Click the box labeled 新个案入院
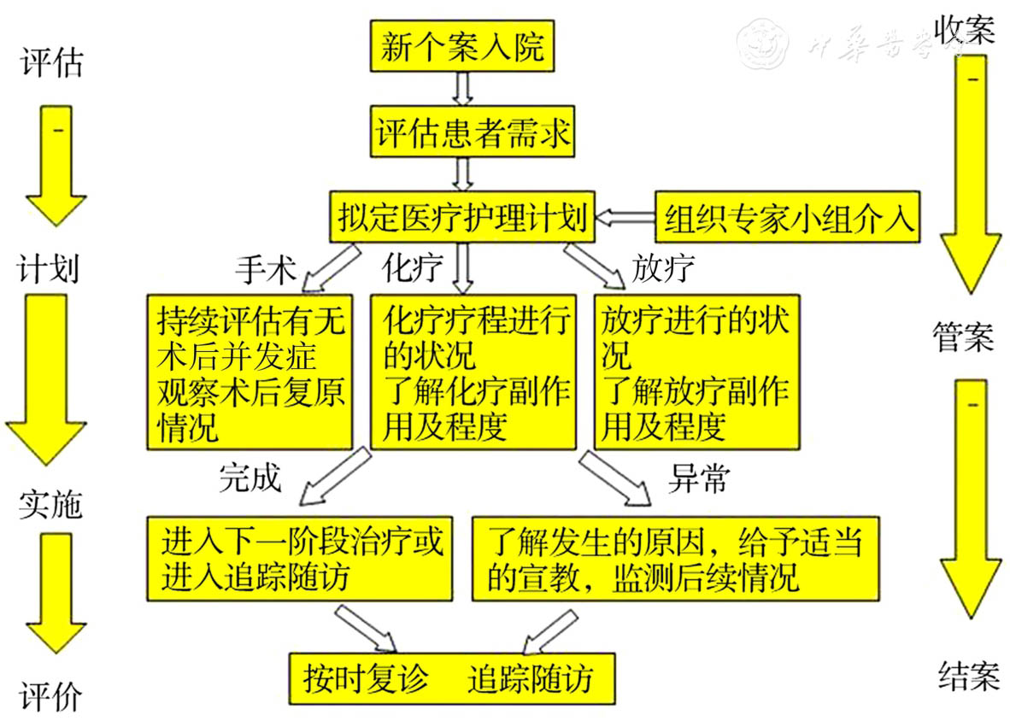[x=462, y=47]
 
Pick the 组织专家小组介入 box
[x=787, y=217]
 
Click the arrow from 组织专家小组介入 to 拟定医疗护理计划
[x=625, y=217]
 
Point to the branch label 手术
[x=265, y=268]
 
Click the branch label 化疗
[x=413, y=268]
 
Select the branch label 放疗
[x=662, y=268]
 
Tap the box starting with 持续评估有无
[x=250, y=371]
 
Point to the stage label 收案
[x=964, y=31]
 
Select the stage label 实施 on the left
[x=50, y=505]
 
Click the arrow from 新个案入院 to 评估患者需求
[x=462, y=88]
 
